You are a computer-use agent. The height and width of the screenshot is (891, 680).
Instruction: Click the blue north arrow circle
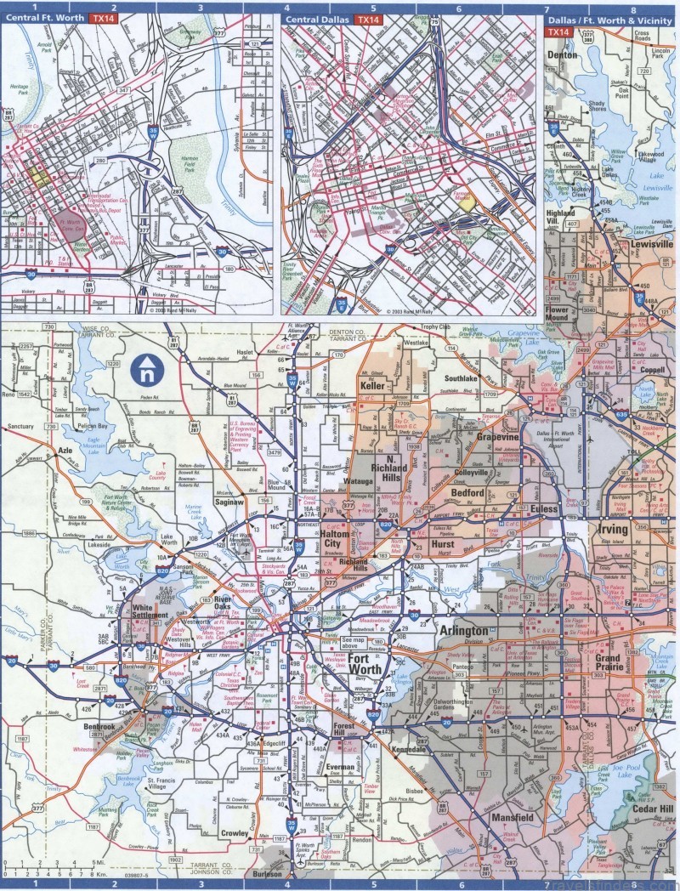(148, 369)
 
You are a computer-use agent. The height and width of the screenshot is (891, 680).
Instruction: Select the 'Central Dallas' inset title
(318, 19)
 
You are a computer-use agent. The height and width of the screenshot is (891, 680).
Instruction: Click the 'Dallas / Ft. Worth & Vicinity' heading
(611, 19)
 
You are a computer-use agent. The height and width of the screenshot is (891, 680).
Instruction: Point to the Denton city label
(562, 54)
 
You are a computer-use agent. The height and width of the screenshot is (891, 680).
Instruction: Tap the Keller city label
(373, 385)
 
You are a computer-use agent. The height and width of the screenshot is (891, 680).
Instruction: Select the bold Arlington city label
(465, 631)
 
